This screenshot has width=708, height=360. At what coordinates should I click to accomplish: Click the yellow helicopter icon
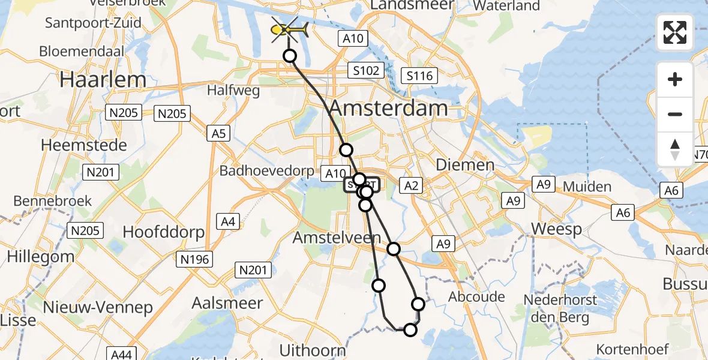pyautogui.click(x=290, y=29)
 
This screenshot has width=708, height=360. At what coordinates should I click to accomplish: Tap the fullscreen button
pyautogui.click(x=675, y=32)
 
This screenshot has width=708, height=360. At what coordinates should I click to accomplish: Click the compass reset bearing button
pyautogui.click(x=675, y=149)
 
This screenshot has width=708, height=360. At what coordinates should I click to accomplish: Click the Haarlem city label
pyautogui.click(x=103, y=80)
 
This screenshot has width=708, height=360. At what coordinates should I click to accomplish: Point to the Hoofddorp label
pyautogui.click(x=163, y=232)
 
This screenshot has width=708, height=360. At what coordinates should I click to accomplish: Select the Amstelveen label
pyautogui.click(x=337, y=238)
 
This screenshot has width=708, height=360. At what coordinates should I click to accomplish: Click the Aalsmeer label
pyautogui.click(x=227, y=303)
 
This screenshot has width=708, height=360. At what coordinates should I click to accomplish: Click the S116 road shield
pyautogui.click(x=419, y=76)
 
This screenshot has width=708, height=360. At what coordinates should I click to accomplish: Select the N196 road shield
pyautogui.click(x=193, y=259)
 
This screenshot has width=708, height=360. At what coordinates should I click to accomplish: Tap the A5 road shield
pyautogui.click(x=218, y=133)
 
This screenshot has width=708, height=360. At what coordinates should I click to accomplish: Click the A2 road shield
pyautogui.click(x=411, y=186)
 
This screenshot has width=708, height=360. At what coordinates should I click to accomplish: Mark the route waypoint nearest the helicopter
pyautogui.click(x=290, y=56)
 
